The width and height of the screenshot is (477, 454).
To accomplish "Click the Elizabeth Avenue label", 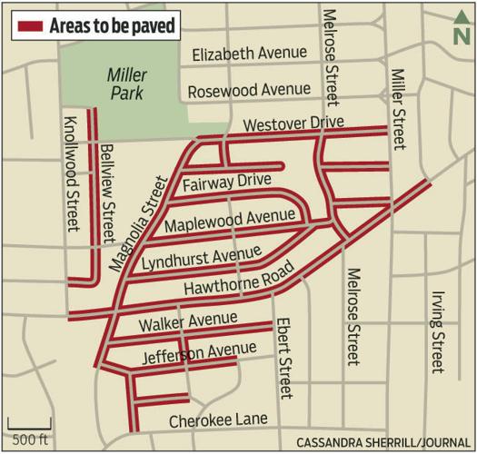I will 250,54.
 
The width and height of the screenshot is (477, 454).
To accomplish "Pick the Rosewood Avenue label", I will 248,91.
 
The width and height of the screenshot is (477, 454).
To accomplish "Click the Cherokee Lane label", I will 218,419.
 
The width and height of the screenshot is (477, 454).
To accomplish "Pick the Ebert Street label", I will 283,358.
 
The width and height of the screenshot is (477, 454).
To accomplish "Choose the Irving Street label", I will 438,328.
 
